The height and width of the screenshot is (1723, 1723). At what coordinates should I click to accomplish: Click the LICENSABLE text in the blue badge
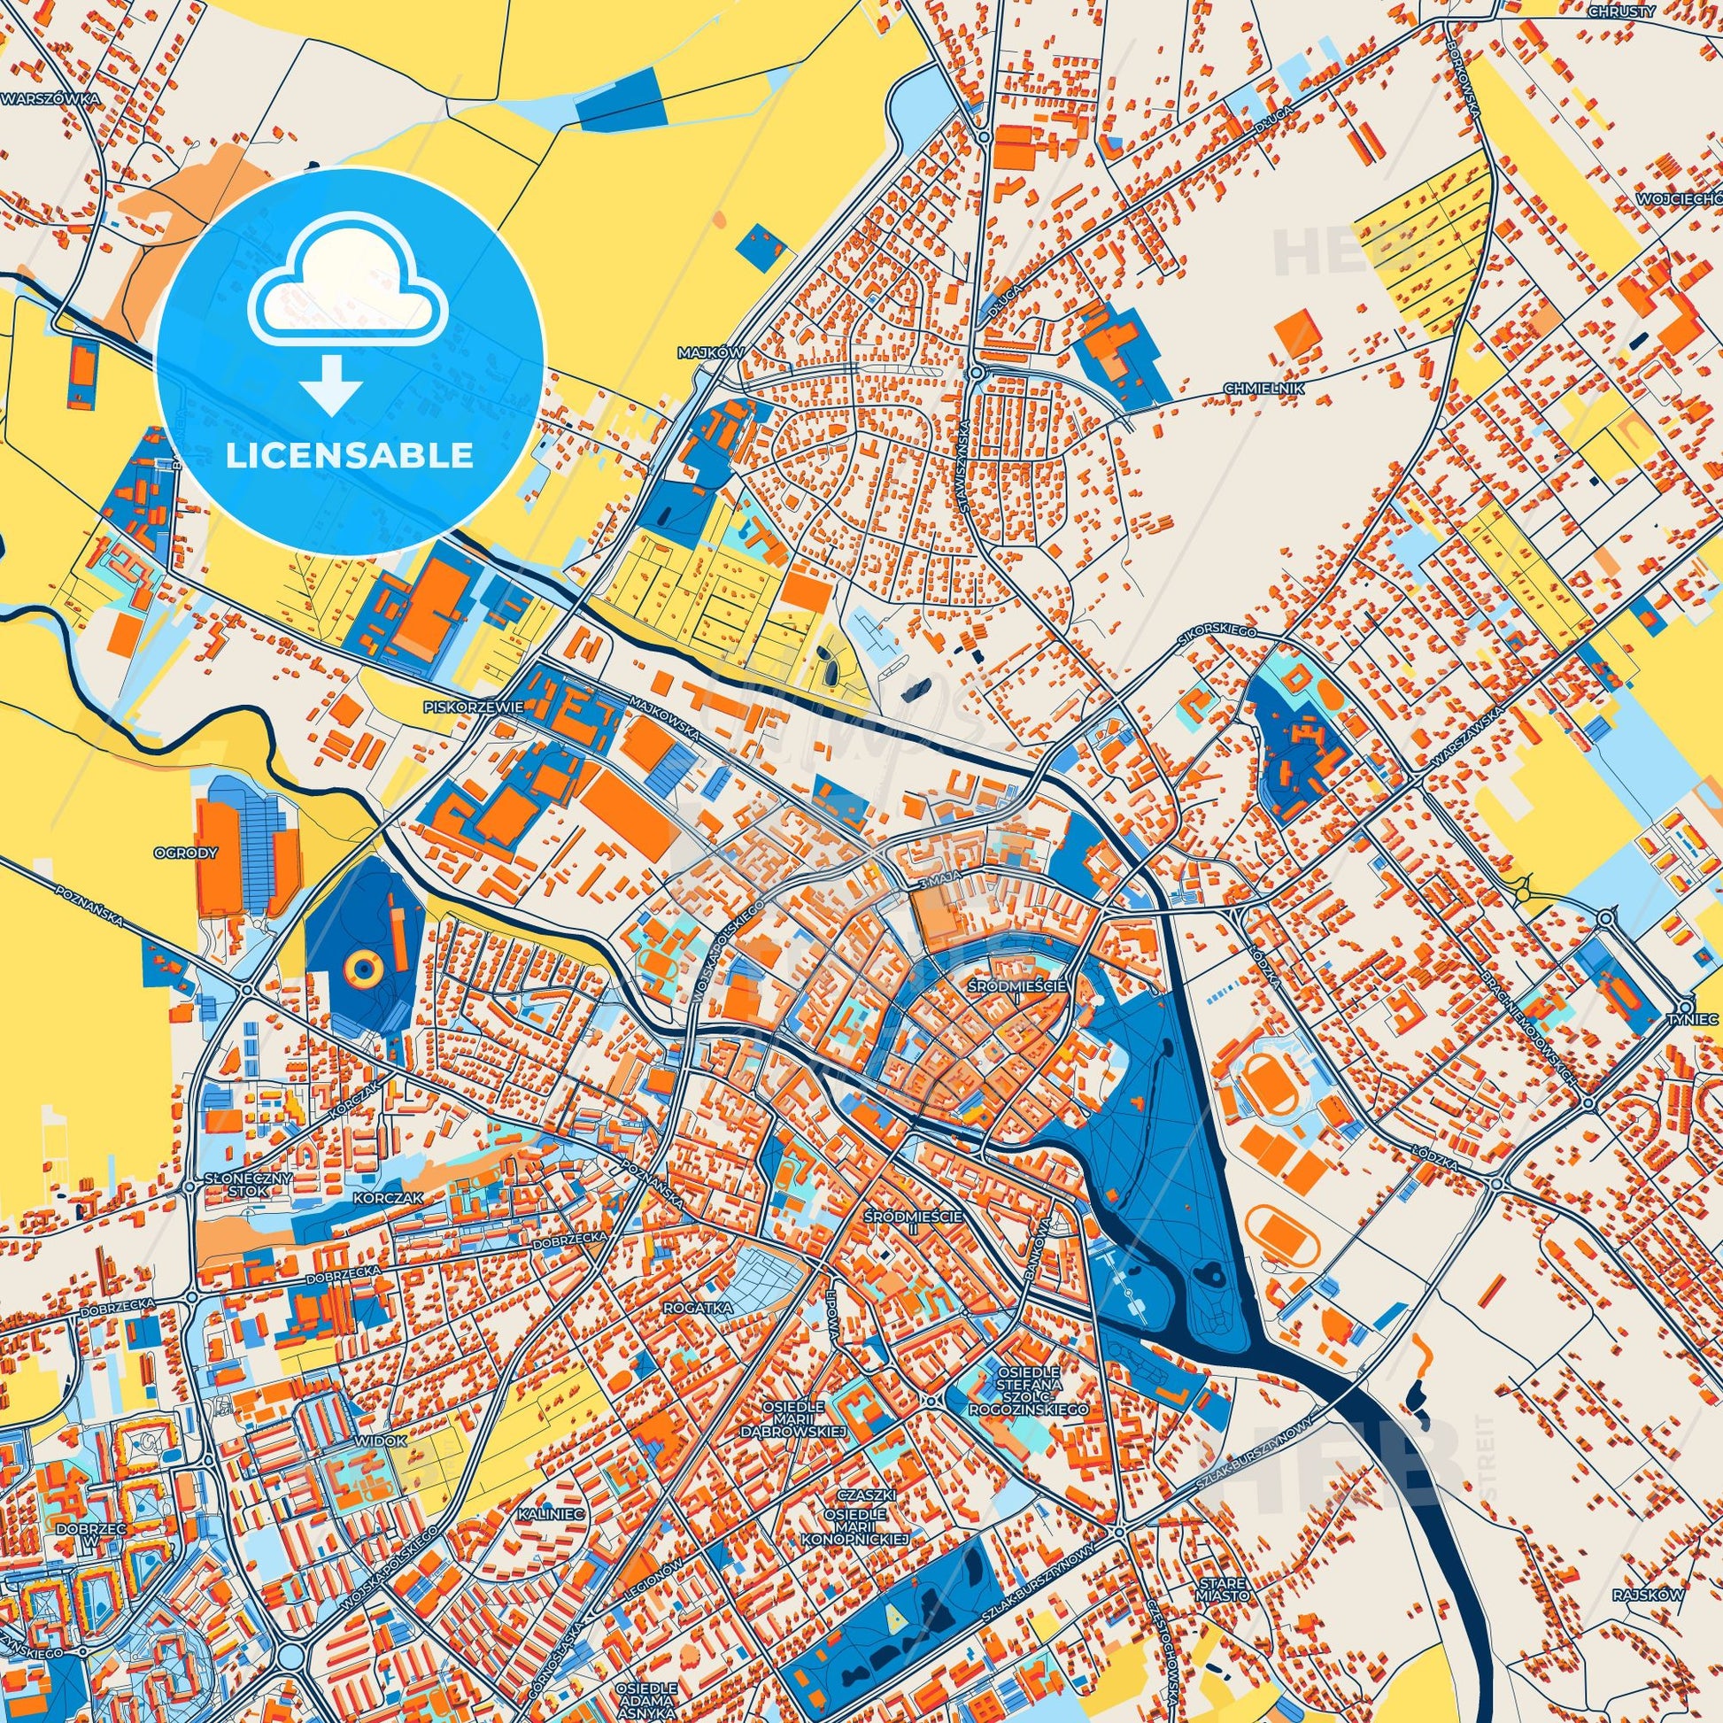click(x=350, y=455)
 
